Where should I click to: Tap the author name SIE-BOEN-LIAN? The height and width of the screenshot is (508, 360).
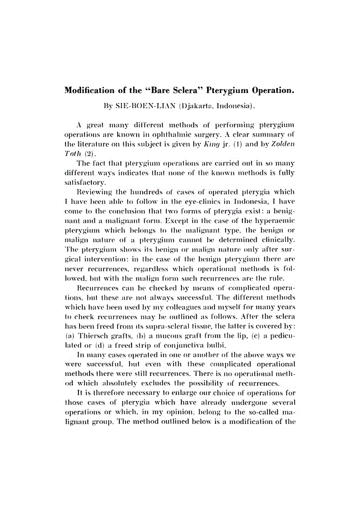click(x=147, y=105)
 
